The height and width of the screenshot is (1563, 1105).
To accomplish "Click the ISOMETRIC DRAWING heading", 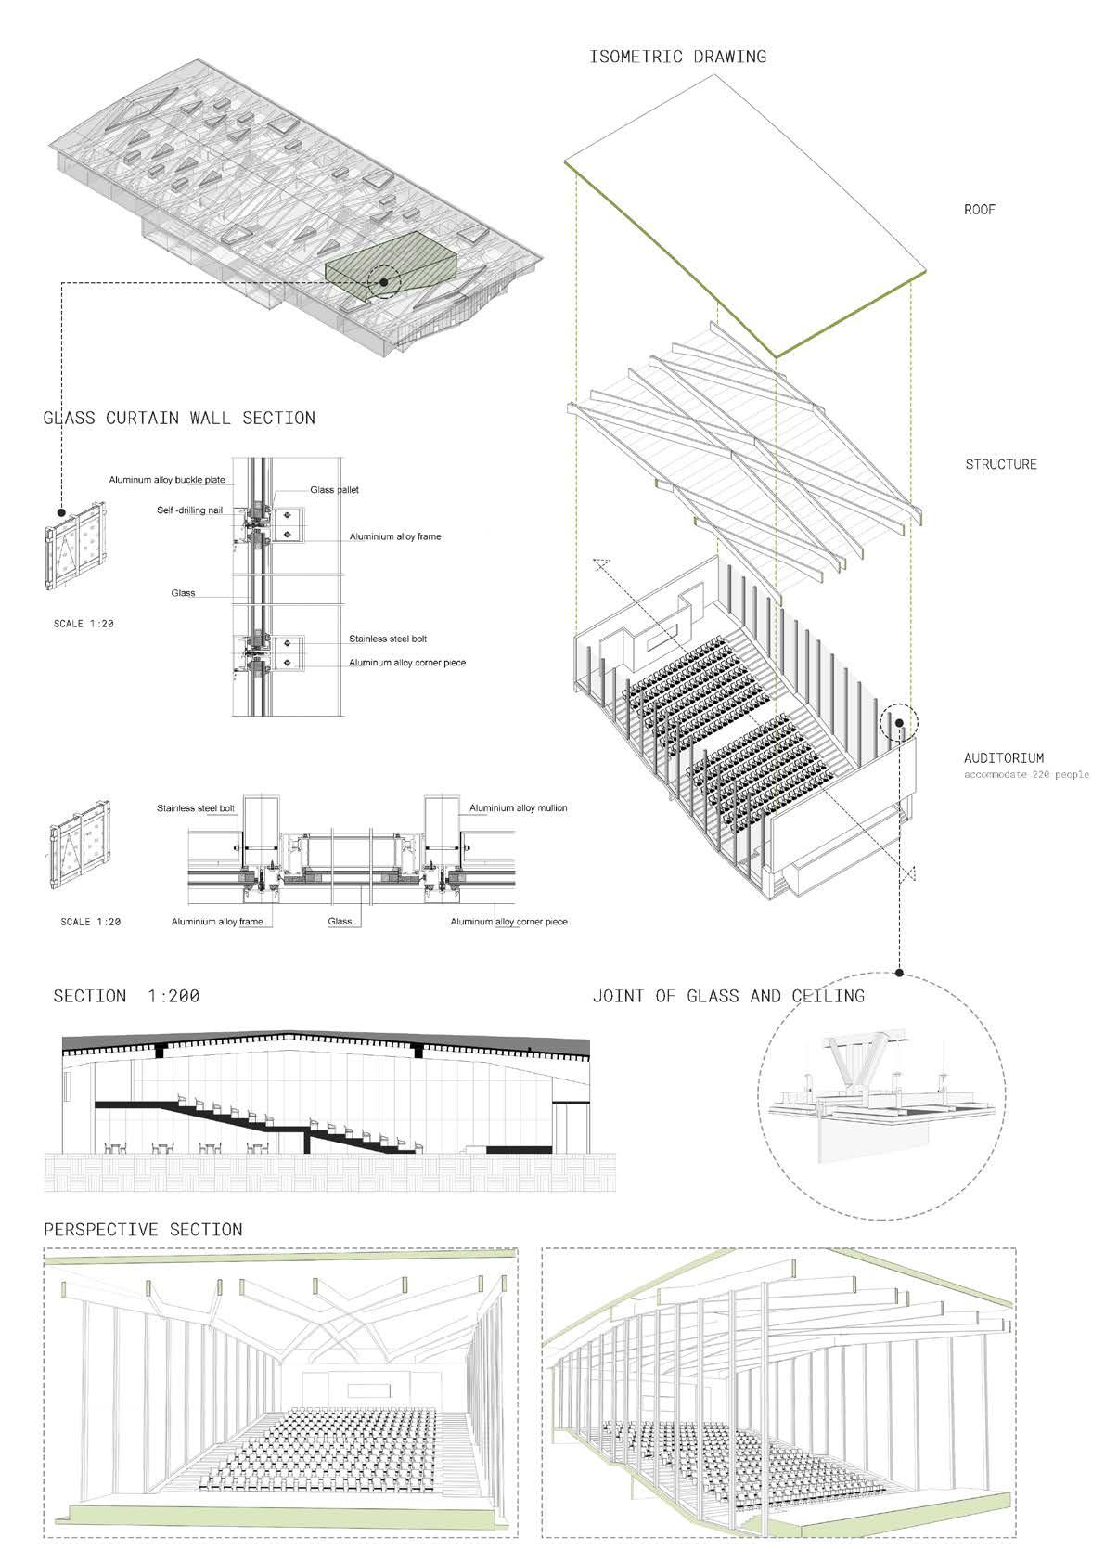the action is (678, 58).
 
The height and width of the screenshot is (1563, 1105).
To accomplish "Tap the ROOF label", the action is (980, 210).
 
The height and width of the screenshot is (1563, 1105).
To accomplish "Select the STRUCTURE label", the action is (1001, 464).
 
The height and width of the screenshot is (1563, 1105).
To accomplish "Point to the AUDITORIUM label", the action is (1004, 758).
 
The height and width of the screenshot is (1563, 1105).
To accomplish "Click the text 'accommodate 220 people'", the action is (1026, 774).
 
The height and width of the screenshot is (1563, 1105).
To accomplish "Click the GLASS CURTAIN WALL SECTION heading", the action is (179, 419).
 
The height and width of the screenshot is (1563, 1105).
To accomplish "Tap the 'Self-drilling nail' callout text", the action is (189, 510).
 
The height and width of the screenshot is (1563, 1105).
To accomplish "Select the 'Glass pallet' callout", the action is (334, 490).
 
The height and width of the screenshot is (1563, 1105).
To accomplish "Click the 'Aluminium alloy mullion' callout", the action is (518, 808).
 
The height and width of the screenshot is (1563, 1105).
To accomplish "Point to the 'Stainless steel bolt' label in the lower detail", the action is (196, 808).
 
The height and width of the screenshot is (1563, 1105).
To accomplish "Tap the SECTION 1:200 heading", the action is (126, 997).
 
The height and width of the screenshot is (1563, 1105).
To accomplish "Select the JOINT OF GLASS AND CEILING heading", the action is (728, 997).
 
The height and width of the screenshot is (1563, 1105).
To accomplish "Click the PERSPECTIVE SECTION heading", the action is (143, 1230).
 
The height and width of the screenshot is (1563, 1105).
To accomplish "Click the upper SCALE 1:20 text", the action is (84, 625).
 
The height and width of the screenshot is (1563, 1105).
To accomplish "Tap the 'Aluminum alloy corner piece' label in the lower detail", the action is (508, 922).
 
